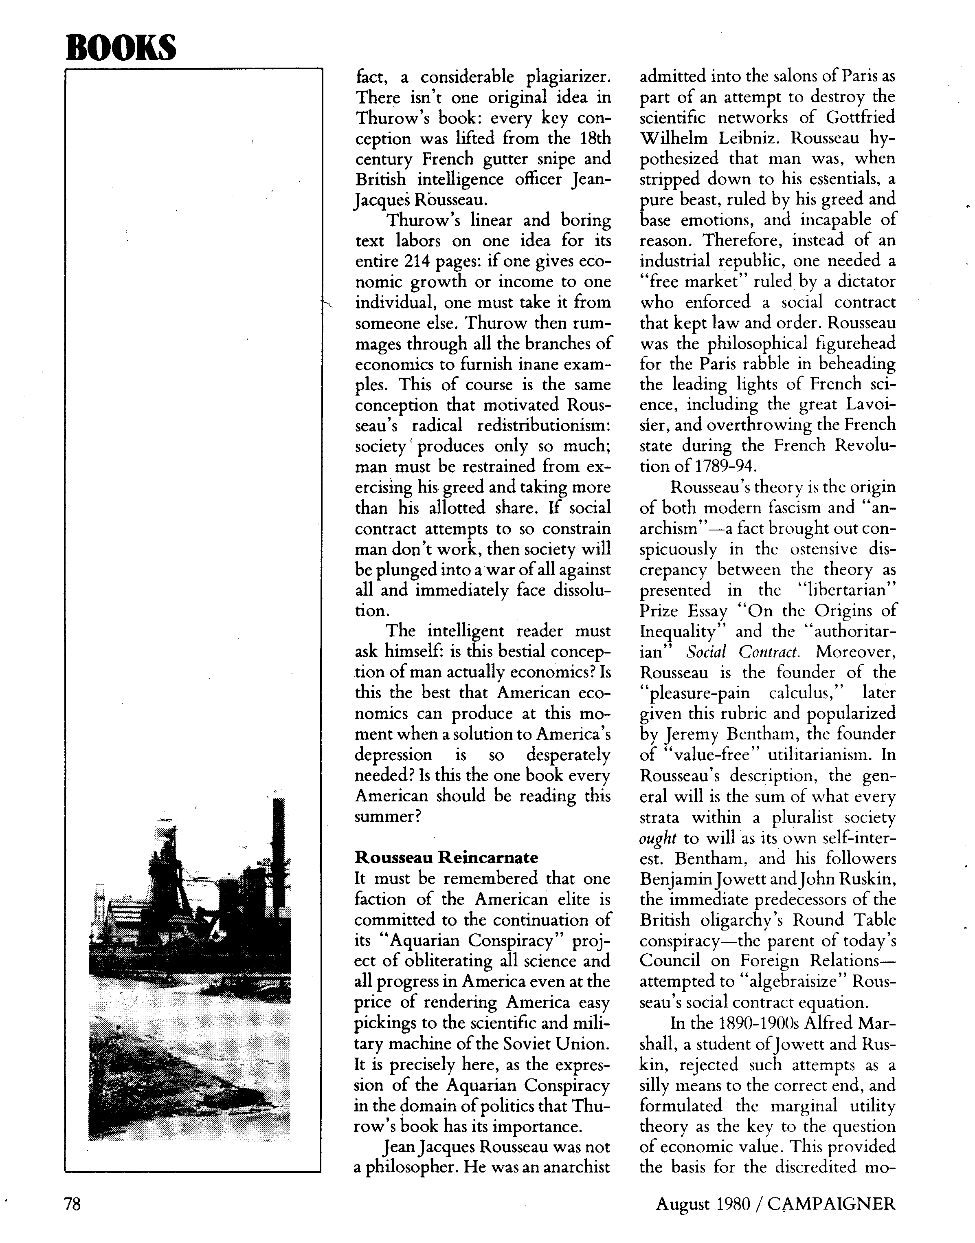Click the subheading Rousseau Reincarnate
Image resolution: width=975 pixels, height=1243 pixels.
(x=446, y=858)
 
